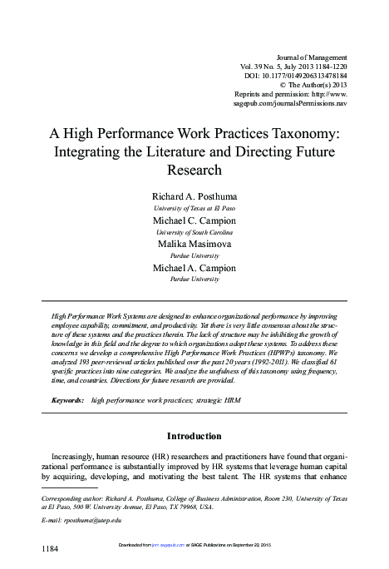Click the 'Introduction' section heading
tap(194, 435)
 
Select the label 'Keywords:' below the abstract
tap(68, 400)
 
